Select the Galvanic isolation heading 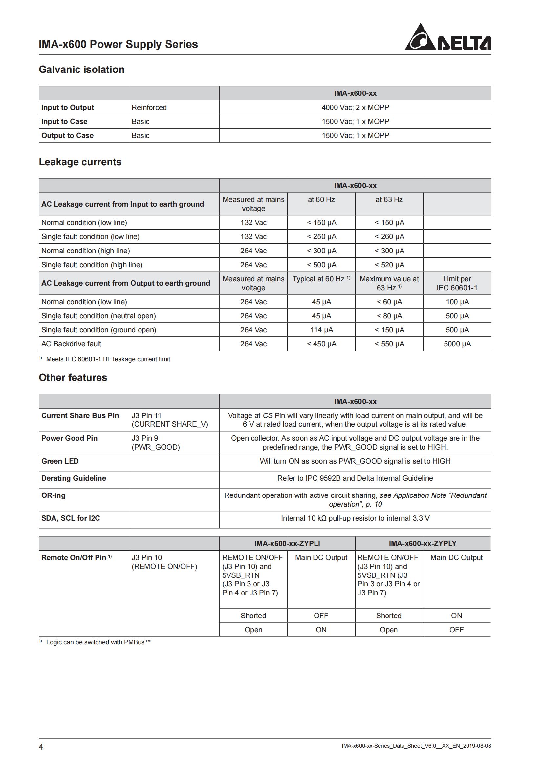pyautogui.click(x=82, y=70)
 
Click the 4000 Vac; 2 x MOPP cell pyautogui.click(x=355, y=107)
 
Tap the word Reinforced pyautogui.click(x=149, y=107)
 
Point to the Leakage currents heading pyautogui.click(x=80, y=162)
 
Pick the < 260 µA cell pyautogui.click(x=389, y=236)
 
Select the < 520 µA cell pyautogui.click(x=389, y=265)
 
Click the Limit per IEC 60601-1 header pyautogui.click(x=457, y=283)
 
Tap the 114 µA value pyautogui.click(x=321, y=330)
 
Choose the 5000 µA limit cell pyautogui.click(x=457, y=344)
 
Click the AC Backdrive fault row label pyautogui.click(x=71, y=344)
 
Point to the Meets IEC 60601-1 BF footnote pyautogui.click(x=108, y=359)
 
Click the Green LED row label pyautogui.click(x=60, y=461)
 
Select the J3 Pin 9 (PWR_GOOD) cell pyautogui.click(x=156, y=443)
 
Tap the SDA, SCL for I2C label pyautogui.click(x=71, y=518)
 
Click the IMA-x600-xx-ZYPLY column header pyautogui.click(x=422, y=543)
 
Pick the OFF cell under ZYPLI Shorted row pyautogui.click(x=321, y=616)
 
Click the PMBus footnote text pyautogui.click(x=98, y=642)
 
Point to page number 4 pyautogui.click(x=41, y=747)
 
